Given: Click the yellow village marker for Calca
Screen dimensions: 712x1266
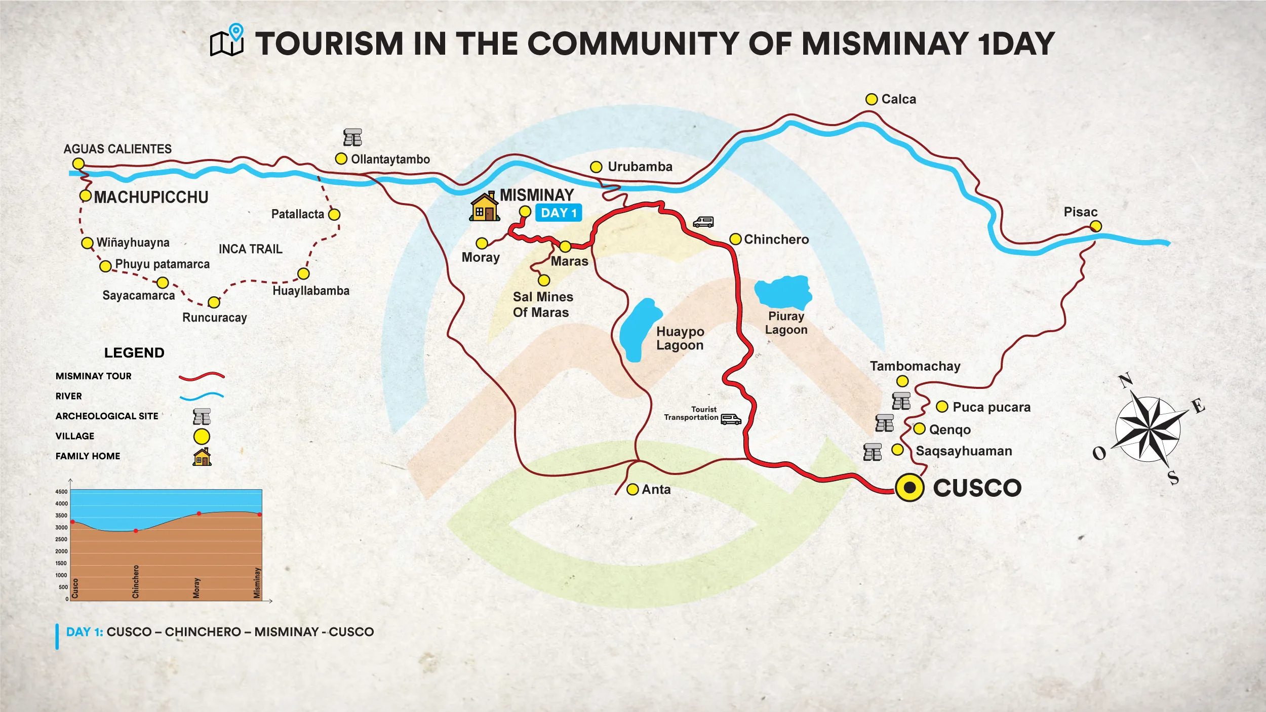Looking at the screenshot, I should [871, 99].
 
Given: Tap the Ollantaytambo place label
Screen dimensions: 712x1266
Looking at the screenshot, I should [390, 160].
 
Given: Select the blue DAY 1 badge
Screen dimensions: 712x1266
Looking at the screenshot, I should [558, 213].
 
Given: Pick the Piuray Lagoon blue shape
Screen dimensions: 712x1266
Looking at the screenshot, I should [783, 292].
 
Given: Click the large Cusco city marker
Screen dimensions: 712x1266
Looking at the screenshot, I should [909, 487].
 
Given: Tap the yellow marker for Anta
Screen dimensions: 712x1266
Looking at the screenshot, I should [632, 489].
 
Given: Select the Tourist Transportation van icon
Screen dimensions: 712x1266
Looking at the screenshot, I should [731, 419].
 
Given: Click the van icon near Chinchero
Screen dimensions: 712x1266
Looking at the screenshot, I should [703, 222].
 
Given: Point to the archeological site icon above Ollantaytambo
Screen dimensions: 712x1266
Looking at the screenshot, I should [352, 137].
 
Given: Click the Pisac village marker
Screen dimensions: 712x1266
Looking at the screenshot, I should [1095, 226].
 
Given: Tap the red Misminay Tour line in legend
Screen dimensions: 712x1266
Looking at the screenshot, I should [202, 376].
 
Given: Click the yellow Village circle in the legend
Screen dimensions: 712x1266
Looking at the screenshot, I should [202, 437].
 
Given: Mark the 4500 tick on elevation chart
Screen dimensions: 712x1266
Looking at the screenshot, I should [61, 492].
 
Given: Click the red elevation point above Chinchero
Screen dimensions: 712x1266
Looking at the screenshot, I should [136, 531].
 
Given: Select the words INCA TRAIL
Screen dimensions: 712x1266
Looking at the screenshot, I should [250, 249].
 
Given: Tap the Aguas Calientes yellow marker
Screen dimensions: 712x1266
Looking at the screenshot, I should [78, 164].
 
